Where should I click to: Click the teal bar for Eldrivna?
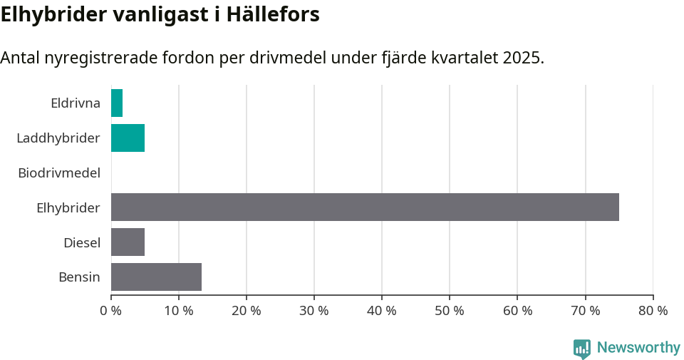click(x=117, y=103)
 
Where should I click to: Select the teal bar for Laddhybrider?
click(x=128, y=138)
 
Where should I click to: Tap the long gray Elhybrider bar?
click(x=365, y=207)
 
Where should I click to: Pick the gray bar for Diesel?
click(x=128, y=242)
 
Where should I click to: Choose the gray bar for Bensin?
click(x=156, y=277)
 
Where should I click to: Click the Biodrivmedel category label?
click(x=59, y=173)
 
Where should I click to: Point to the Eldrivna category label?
click(x=76, y=103)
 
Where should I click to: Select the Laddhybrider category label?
click(x=58, y=138)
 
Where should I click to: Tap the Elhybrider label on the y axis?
click(x=68, y=207)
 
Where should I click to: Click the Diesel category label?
click(x=82, y=242)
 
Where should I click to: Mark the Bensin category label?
click(x=79, y=277)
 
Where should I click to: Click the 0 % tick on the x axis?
click(x=111, y=311)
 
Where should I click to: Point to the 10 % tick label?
click(x=179, y=311)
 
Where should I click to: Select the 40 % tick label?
click(x=382, y=311)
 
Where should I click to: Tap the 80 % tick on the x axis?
click(x=653, y=311)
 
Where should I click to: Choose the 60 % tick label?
click(x=517, y=311)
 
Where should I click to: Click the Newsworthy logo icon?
click(x=582, y=348)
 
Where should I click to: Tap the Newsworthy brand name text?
click(x=638, y=347)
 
